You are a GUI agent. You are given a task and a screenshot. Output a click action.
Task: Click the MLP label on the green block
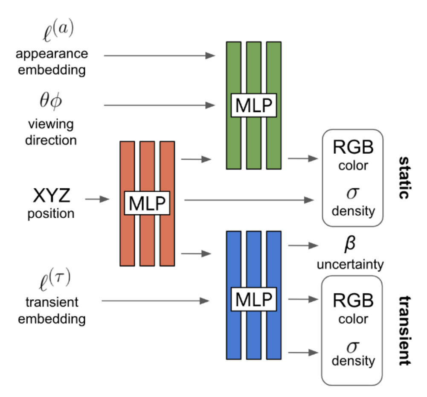click(253, 105)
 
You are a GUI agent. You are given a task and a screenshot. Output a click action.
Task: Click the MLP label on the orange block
click(147, 203)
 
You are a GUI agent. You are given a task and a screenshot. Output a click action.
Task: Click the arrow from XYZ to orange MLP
click(98, 199)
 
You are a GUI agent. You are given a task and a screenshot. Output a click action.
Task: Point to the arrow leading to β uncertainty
click(303, 246)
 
